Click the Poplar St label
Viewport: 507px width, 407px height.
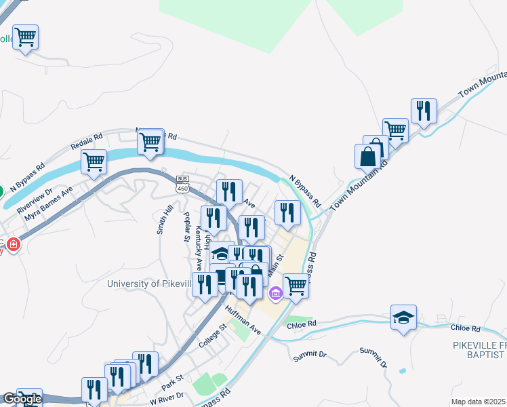186,226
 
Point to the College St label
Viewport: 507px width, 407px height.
212,337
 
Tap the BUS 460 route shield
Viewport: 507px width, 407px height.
182,184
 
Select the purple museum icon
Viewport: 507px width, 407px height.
275,293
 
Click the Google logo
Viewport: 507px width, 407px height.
22,399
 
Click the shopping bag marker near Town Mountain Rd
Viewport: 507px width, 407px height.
367,156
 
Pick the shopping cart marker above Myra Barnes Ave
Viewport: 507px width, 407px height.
94,161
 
